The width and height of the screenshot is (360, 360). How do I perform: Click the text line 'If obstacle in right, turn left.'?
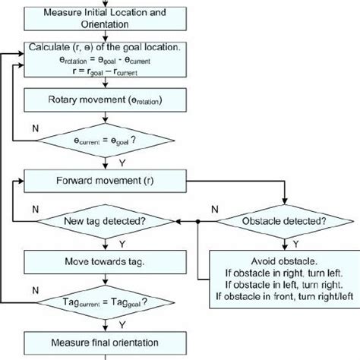click(x=283, y=276)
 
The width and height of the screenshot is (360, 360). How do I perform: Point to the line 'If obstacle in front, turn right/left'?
click(x=283, y=300)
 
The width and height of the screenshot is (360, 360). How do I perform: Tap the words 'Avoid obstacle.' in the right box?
click(x=283, y=264)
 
